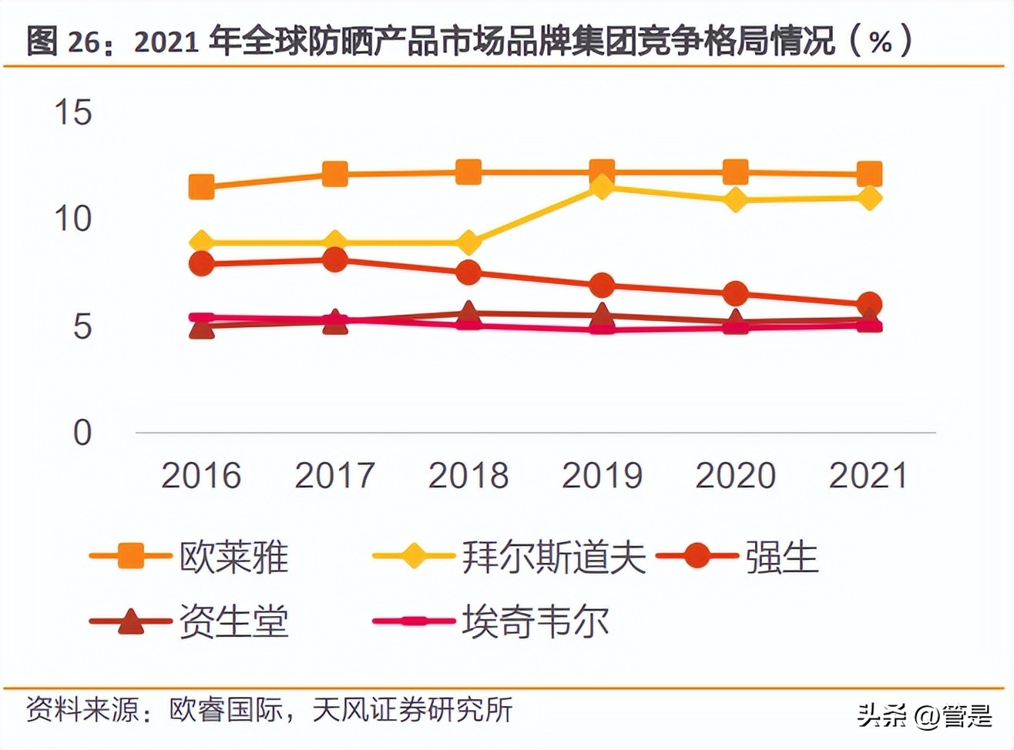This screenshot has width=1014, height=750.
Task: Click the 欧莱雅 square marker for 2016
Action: (x=202, y=186)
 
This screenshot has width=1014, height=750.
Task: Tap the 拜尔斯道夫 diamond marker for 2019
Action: (x=602, y=186)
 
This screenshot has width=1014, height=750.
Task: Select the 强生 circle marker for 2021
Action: (x=869, y=304)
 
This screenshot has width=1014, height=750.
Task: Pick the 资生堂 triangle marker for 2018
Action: (x=468, y=313)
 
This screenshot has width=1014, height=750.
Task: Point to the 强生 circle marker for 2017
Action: (x=335, y=260)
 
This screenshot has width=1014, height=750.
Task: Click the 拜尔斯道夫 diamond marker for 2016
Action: (x=202, y=243)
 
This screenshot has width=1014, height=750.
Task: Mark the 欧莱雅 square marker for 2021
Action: (x=869, y=174)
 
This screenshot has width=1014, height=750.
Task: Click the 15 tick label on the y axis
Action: (x=73, y=112)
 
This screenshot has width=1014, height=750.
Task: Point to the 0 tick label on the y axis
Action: (x=82, y=433)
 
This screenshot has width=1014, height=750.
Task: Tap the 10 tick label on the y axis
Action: (x=73, y=219)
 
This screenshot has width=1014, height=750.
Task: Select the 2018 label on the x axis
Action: (x=468, y=475)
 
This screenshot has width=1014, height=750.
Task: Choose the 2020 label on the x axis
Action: (x=735, y=475)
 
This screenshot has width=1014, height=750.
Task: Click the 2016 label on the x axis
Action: (x=201, y=475)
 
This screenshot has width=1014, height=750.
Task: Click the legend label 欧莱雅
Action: (x=233, y=557)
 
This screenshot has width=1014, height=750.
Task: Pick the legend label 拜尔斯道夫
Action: (x=553, y=557)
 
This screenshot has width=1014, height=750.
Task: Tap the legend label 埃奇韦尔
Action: (x=536, y=621)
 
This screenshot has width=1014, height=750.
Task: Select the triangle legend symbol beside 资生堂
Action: (x=130, y=621)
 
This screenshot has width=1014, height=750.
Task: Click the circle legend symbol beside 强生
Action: (x=697, y=555)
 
